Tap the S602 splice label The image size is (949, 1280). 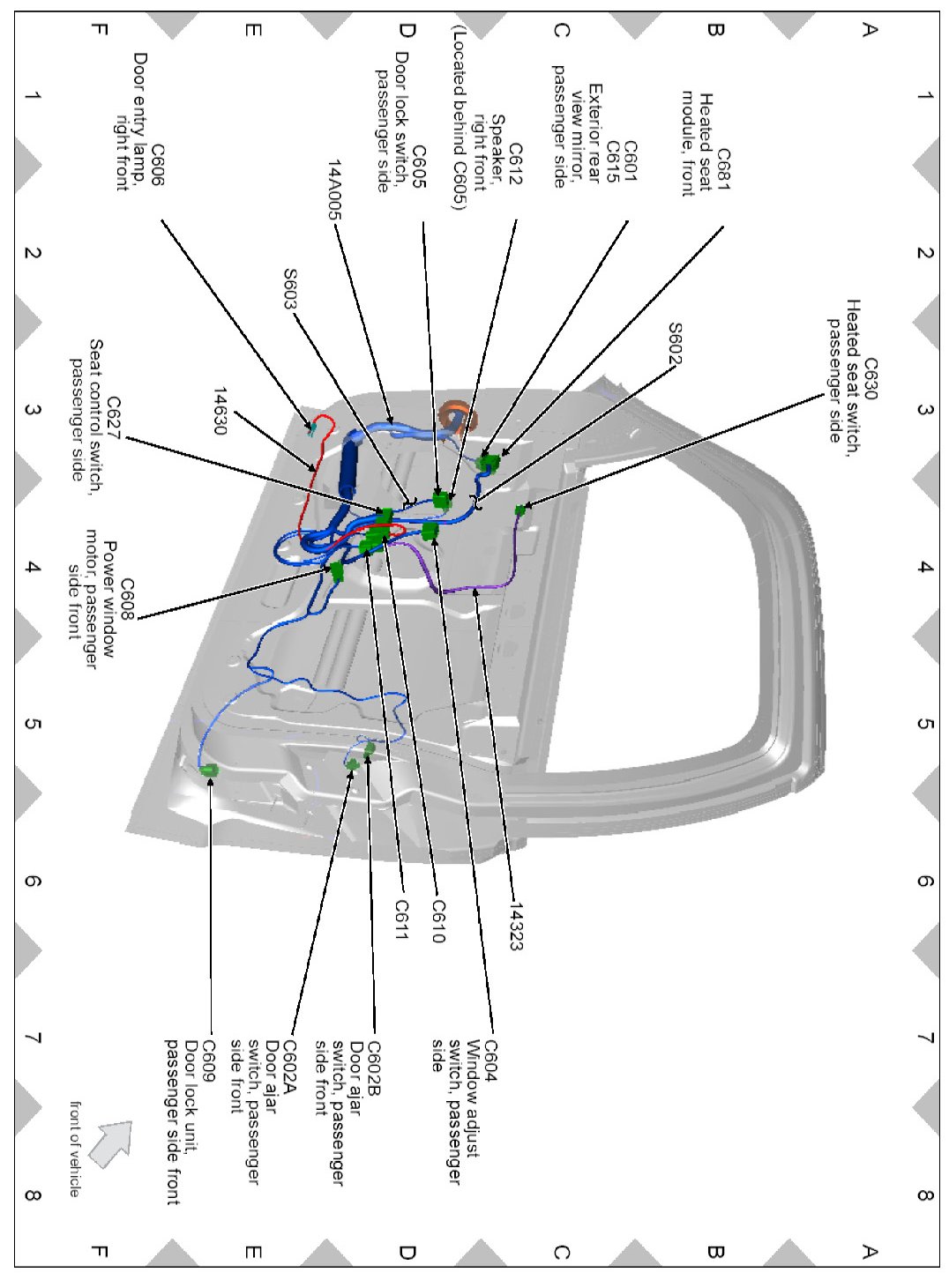(x=675, y=344)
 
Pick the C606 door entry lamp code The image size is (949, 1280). (x=157, y=164)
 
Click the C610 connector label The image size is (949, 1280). (x=438, y=921)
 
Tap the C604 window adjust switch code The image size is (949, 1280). (x=490, y=1060)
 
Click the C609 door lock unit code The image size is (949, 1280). (x=209, y=1060)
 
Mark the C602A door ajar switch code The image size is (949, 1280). (x=288, y=1066)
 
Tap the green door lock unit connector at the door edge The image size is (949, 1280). (x=210, y=770)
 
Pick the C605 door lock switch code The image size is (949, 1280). (x=419, y=167)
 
